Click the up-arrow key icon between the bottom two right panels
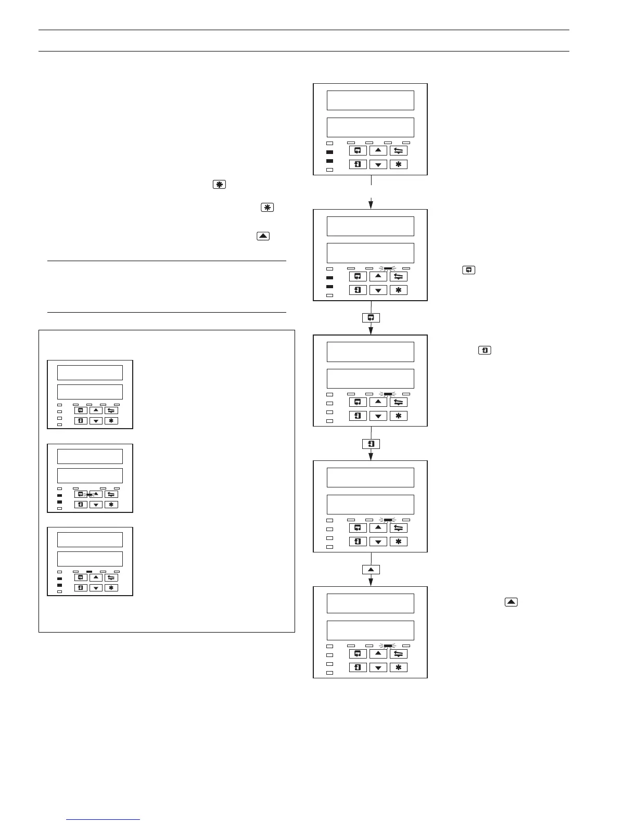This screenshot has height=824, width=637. [x=371, y=570]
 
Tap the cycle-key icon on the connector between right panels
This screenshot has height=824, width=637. [x=371, y=317]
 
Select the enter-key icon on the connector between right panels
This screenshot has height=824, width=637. [x=371, y=444]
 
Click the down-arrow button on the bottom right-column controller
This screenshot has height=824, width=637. [x=378, y=667]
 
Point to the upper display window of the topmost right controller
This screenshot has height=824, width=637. [x=370, y=100]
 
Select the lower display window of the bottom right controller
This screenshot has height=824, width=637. [x=370, y=630]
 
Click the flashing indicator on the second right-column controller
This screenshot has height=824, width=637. [x=388, y=268]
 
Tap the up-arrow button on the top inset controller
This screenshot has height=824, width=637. [x=96, y=410]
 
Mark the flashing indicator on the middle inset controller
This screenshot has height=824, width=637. [x=89, y=494]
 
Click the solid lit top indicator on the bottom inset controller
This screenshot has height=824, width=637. [x=89, y=572]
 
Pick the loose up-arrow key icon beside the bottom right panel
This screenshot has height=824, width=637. [x=511, y=602]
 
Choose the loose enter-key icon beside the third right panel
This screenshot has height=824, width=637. [x=485, y=351]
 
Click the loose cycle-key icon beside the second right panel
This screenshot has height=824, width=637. [x=468, y=270]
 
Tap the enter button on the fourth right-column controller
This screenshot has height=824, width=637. [x=358, y=542]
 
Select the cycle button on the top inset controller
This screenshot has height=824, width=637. [x=80, y=410]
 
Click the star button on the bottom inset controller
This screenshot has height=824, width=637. [x=111, y=588]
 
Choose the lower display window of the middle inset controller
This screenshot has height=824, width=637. [x=90, y=475]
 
